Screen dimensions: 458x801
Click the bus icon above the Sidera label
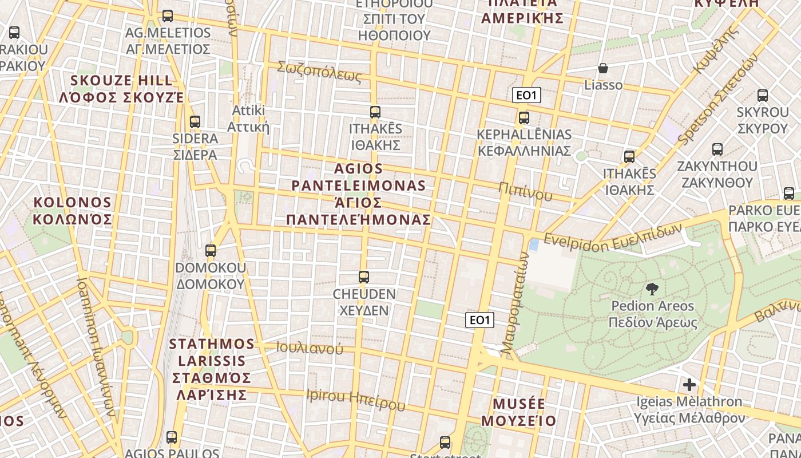click(195, 121)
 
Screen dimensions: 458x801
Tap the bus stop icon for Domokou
click(211, 250)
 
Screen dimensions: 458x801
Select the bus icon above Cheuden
click(363, 277)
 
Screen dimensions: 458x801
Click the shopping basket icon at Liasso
click(603, 69)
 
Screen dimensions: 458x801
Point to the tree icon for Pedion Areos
click(652, 289)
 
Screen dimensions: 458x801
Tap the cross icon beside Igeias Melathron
click(689, 384)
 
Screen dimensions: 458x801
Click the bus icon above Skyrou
click(762, 95)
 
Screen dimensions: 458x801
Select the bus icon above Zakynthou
click(717, 149)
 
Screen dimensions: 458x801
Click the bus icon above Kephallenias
click(524, 118)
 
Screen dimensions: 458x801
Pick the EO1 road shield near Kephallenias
click(526, 96)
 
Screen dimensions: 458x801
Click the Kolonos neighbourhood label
click(72, 211)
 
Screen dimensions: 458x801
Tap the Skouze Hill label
click(121, 89)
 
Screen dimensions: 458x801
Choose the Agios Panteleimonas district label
click(359, 194)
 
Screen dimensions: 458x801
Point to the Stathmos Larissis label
click(212, 369)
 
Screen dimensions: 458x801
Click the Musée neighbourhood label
click(518, 412)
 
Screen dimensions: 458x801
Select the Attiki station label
click(249, 118)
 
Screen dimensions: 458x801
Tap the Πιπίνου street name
click(525, 192)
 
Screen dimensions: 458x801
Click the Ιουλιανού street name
click(310, 348)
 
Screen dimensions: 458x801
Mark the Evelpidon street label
click(613, 235)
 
